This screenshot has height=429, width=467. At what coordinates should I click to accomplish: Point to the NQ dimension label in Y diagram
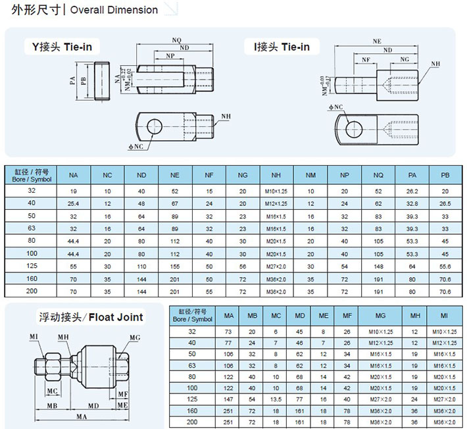pyautogui.click(x=176, y=40)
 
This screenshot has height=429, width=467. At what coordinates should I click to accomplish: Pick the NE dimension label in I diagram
pyautogui.click(x=376, y=41)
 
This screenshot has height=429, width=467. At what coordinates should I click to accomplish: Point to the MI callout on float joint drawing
pyautogui.click(x=34, y=336)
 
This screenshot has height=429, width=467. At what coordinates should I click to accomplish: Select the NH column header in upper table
pyautogui.click(x=277, y=176)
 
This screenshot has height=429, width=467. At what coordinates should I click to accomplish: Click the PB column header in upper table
pyautogui.click(x=445, y=176)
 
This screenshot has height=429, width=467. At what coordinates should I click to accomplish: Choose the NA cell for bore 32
pyautogui.click(x=74, y=191)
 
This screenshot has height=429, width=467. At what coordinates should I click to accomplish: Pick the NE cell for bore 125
pyautogui.click(x=175, y=265)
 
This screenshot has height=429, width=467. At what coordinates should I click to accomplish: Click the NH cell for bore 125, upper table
pyautogui.click(x=277, y=265)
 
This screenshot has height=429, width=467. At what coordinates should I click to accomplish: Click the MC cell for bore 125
pyautogui.click(x=276, y=399)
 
